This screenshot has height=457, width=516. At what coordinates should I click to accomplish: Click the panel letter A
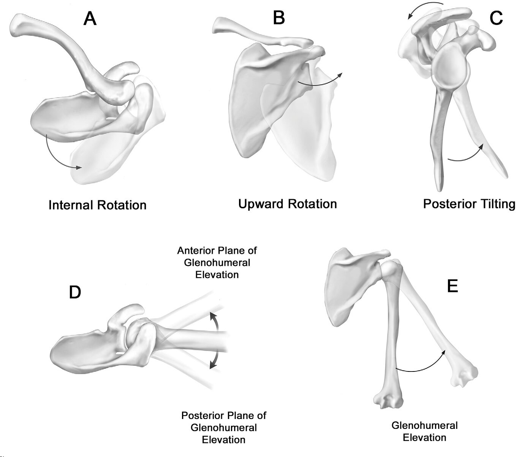click(x=90, y=18)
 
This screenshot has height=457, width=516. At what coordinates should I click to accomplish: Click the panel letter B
click(x=279, y=17)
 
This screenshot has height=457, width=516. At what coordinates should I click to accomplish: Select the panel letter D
click(x=75, y=292)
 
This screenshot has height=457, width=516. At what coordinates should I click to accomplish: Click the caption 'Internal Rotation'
click(x=97, y=205)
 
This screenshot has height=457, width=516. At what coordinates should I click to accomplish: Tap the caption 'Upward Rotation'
click(x=287, y=204)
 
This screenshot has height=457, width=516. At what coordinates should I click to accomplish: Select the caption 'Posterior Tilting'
click(x=469, y=204)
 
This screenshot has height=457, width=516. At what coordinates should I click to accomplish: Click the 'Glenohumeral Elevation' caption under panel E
click(x=424, y=431)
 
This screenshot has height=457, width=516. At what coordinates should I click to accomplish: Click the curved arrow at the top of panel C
click(x=424, y=9)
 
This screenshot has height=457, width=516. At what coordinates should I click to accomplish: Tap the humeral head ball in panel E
click(x=391, y=269)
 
